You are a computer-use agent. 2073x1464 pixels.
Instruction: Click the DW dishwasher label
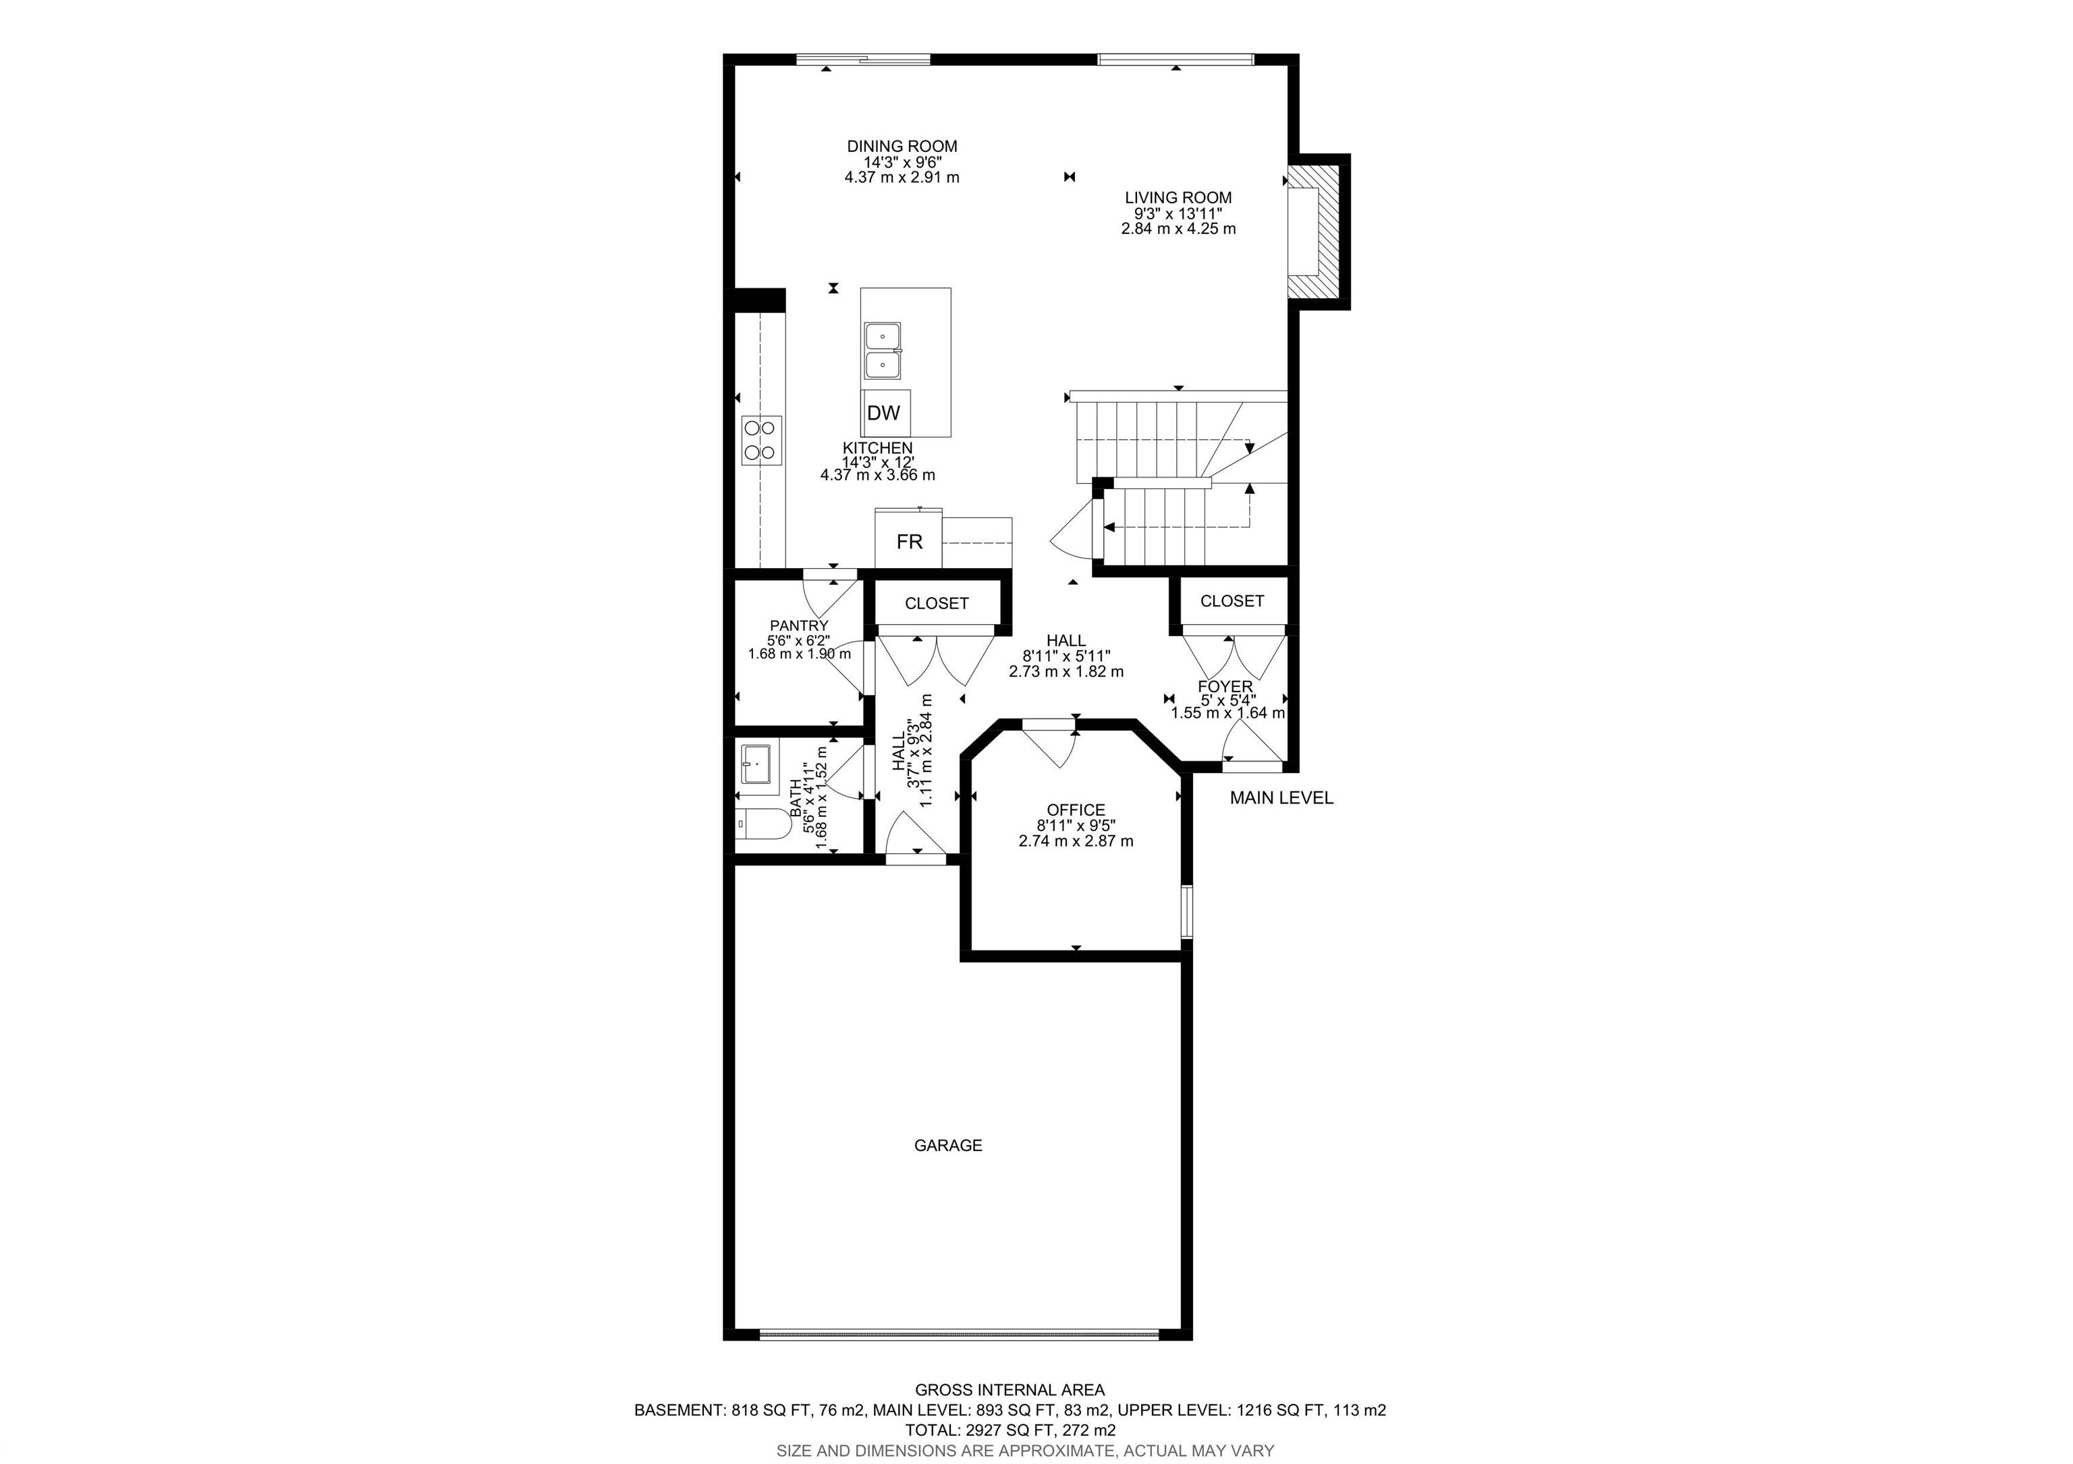[883, 414]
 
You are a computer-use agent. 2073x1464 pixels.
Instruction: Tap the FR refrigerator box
[908, 540]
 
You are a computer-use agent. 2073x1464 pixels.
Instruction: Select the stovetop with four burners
[761, 441]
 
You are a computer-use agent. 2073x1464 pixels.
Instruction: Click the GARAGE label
[948, 1146]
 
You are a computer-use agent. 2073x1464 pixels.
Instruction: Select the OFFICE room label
[1076, 810]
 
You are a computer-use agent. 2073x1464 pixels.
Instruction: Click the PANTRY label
[799, 625]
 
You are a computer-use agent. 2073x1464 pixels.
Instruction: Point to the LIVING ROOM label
[1178, 198]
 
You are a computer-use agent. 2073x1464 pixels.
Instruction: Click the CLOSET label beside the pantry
[936, 604]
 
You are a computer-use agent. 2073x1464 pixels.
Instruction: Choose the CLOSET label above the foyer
[1232, 601]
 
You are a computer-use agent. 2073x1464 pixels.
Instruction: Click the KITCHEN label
[878, 449]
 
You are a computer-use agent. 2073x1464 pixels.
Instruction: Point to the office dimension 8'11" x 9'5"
[1076, 826]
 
